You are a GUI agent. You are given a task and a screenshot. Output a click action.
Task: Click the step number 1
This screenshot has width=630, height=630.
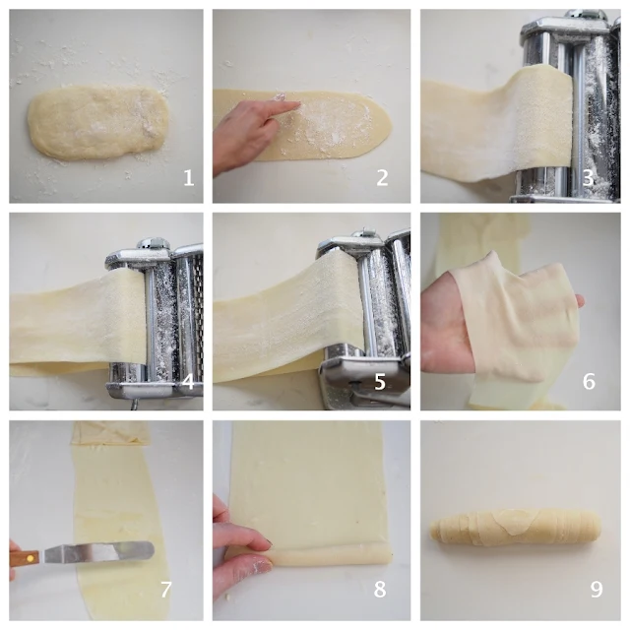pos(189,177)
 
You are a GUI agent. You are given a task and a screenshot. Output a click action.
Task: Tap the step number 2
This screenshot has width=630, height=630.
pos(382,177)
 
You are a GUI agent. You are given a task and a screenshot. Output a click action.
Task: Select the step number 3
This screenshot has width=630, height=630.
pos(588,177)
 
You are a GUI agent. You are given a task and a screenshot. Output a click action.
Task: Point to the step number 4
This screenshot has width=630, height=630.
pos(188,381)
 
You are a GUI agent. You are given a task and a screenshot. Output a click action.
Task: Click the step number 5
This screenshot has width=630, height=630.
pos(380,381)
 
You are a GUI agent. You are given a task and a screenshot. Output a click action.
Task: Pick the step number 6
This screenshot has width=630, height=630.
pos(589,381)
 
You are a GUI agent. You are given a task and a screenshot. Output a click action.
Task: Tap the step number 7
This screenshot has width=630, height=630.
pos(166,590)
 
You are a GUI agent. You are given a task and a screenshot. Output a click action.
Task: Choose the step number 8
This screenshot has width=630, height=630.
pos(380,590)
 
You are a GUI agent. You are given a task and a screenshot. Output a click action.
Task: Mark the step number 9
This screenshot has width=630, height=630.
pos(597,590)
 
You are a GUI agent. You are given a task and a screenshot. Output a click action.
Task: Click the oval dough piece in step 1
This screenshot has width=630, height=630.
pos(98,122)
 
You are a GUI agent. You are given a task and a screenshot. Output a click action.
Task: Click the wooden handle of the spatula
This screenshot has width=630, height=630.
pos(24,558)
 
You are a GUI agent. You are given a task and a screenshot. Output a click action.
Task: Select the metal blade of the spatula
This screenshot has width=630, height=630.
pos(99,552)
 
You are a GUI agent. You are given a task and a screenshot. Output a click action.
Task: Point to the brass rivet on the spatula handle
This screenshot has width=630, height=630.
pos(29,558)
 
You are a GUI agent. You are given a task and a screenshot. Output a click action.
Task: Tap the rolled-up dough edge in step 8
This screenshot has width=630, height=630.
pos(330,553)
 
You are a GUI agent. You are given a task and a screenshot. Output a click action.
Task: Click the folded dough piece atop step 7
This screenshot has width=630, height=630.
pos(111,433)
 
